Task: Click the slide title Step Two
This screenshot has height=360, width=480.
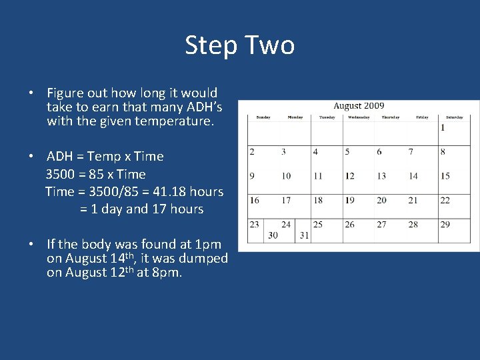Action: [239, 45]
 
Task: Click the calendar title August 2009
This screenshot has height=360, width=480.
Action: [359, 105]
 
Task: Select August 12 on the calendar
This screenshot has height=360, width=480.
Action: [349, 176]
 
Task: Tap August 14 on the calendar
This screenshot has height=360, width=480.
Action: [413, 176]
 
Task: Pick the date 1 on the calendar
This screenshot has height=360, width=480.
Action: [443, 127]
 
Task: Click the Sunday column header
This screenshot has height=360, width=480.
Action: [263, 117]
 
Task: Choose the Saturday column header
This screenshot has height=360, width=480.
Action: [454, 117]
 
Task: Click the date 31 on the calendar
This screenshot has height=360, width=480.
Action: [305, 235]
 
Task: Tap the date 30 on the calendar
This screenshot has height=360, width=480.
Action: [273, 235]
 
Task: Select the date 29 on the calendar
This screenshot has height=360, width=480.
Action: [445, 225]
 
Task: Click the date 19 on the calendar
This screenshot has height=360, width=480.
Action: [349, 200]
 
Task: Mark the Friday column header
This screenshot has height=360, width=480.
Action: [422, 117]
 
